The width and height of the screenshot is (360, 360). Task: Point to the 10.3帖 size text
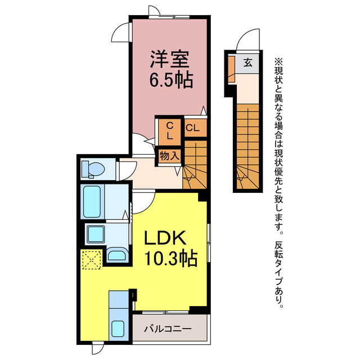point(171,259)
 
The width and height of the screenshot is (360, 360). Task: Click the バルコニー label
point(167,328)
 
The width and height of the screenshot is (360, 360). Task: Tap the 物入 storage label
point(169,155)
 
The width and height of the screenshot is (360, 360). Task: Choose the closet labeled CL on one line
point(192,128)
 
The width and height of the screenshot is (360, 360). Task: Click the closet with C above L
point(169,130)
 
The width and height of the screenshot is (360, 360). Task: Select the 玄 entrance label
point(247,62)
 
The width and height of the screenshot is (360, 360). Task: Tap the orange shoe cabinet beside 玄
point(231,66)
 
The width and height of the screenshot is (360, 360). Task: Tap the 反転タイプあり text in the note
point(280,275)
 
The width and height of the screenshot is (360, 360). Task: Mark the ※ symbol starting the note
point(280,60)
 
